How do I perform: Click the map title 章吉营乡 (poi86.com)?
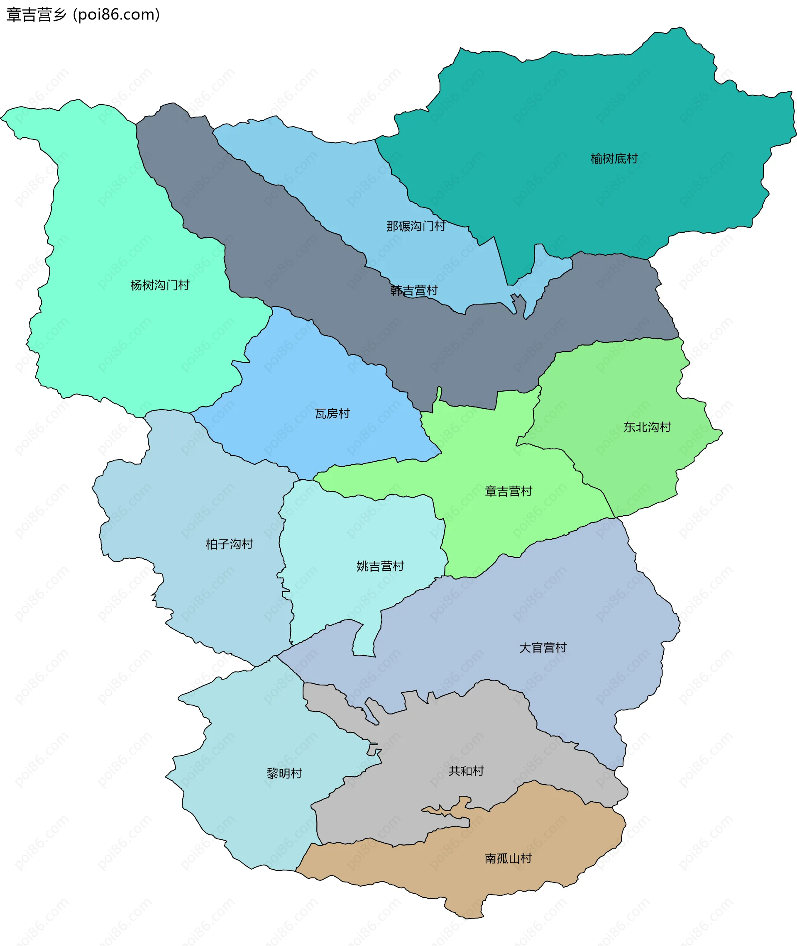[83, 15]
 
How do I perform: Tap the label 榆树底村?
[614, 158]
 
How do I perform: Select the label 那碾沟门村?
[416, 226]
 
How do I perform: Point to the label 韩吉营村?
[414, 290]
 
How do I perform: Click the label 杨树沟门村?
[160, 285]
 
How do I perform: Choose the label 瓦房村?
[332, 413]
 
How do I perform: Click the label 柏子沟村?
[229, 544]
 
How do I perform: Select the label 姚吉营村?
[380, 566]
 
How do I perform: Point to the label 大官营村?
[543, 648]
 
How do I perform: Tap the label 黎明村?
[284, 773]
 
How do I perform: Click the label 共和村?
[466, 771]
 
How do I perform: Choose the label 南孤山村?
[508, 858]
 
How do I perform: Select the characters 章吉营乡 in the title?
[36, 15]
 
